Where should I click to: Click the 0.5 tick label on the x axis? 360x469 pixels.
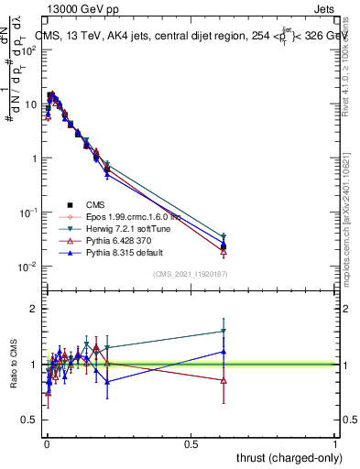[191, 443]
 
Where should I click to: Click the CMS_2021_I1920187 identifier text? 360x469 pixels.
[189, 274]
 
